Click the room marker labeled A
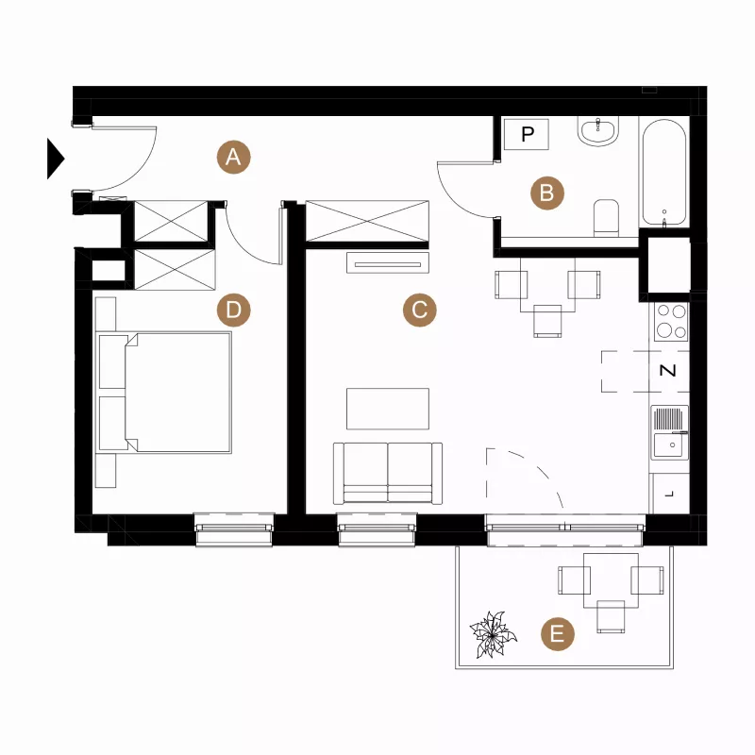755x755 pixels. pyautogui.click(x=233, y=157)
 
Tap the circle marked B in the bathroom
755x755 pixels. pyautogui.click(x=547, y=193)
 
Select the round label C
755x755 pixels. pyautogui.click(x=419, y=310)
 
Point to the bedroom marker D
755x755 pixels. pyautogui.click(x=233, y=310)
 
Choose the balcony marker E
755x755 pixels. pyautogui.click(x=558, y=633)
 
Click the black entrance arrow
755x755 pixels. pyautogui.click(x=55, y=159)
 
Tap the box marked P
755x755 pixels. pyautogui.click(x=527, y=134)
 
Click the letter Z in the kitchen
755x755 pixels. pyautogui.click(x=667, y=370)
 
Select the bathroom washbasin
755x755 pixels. pyautogui.click(x=598, y=131)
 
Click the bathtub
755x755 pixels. pyautogui.click(x=664, y=173)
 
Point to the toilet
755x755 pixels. pyautogui.click(x=606, y=217)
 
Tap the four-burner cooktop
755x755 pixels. pyautogui.click(x=671, y=322)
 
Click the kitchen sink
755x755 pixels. pyautogui.click(x=669, y=432)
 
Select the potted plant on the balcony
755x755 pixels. pyautogui.click(x=493, y=634)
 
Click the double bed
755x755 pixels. pyautogui.click(x=163, y=393)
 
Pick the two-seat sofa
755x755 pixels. pyautogui.click(x=388, y=474)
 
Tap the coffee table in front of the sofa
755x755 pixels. pyautogui.click(x=388, y=409)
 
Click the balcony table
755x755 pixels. pyautogui.click(x=611, y=580)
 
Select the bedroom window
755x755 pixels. pyautogui.click(x=234, y=529)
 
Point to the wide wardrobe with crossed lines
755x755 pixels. pyautogui.click(x=367, y=221)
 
